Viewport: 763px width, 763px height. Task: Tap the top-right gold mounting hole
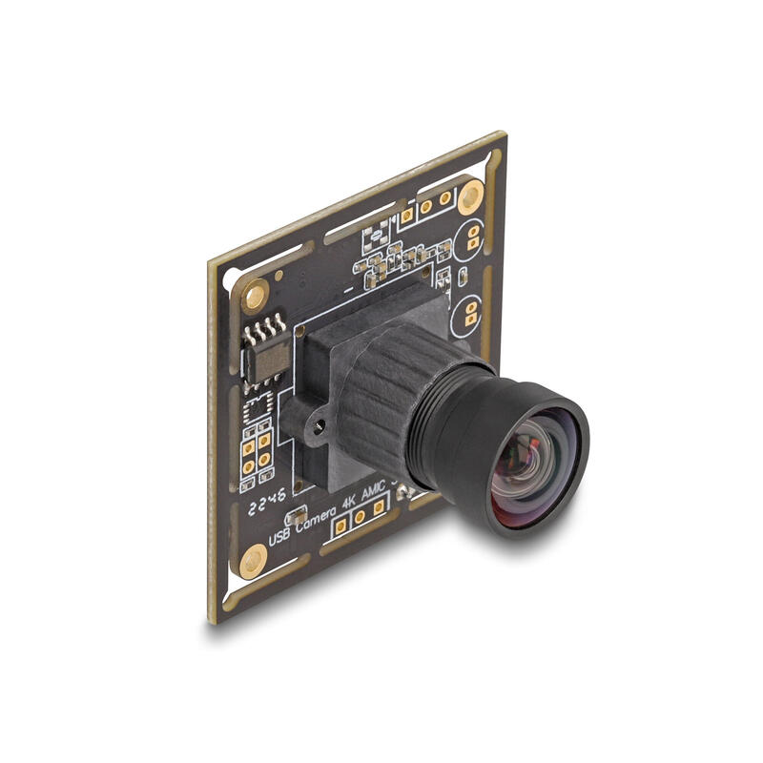(469, 198)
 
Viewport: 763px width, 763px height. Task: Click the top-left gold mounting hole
(255, 297)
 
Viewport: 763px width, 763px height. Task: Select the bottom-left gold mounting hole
(253, 560)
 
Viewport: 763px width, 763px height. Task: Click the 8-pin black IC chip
(270, 357)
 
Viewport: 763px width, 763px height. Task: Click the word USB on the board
(278, 537)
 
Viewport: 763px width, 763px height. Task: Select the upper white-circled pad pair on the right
(471, 237)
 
